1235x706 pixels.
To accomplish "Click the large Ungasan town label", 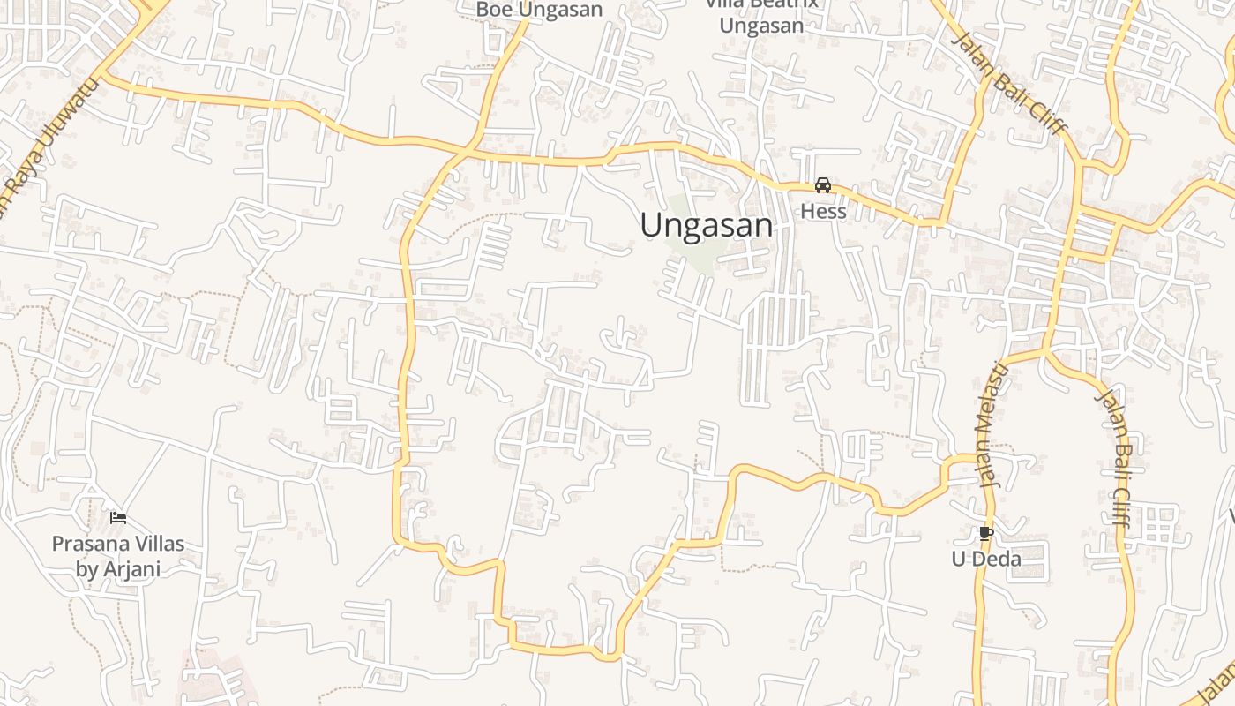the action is (707, 226).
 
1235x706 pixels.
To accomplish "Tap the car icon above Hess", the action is (823, 185).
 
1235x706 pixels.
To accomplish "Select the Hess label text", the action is (823, 212).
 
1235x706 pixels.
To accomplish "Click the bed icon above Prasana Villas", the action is (118, 518).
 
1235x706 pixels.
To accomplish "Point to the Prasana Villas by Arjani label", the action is (118, 556).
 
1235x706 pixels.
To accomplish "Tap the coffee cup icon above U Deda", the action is (985, 533).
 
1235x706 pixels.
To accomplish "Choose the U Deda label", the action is (986, 560).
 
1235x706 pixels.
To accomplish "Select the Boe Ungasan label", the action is (539, 10).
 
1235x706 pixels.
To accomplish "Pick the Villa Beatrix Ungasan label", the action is (762, 16).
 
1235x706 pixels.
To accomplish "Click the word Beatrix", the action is (785, 4).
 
